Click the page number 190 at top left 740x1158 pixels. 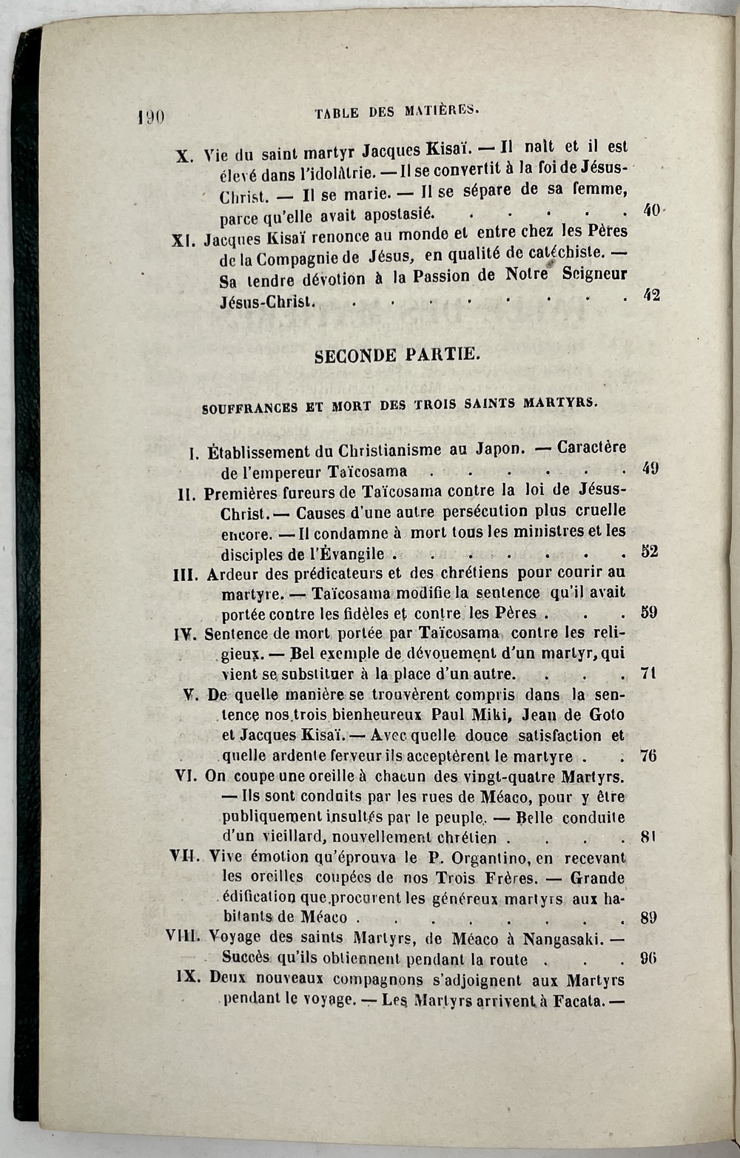coord(151,116)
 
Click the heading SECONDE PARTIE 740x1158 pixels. coord(397,355)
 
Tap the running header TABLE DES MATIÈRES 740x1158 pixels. coord(397,112)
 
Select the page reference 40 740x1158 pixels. coord(651,210)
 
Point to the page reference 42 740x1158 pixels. coord(651,294)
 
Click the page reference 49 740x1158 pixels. coord(650,468)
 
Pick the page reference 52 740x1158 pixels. coord(649,551)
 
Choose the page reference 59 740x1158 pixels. coord(649,612)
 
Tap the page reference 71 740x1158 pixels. coord(649,673)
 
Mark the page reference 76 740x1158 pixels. coord(649,755)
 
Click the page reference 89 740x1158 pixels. coord(649,918)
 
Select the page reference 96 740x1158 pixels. coord(649,958)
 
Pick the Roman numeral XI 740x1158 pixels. coord(183,240)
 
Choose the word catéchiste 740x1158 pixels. coord(565,253)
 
